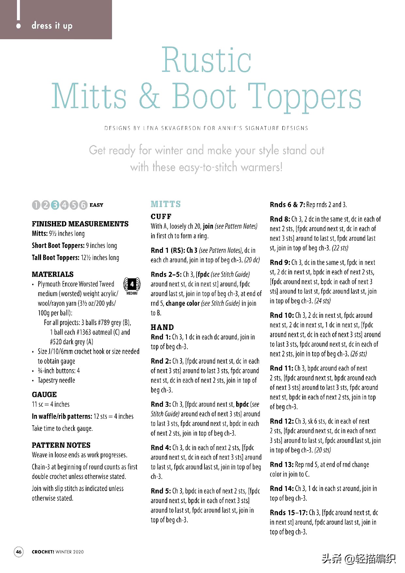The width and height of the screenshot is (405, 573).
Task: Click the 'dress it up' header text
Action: tap(52, 25)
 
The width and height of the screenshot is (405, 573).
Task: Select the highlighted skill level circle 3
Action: tap(55, 205)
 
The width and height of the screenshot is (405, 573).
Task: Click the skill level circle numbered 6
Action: tap(83, 205)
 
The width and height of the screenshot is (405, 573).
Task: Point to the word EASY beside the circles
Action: tap(96, 205)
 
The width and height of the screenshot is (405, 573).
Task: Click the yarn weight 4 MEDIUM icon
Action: tap(132, 285)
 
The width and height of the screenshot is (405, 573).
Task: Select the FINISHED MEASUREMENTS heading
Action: tap(80, 224)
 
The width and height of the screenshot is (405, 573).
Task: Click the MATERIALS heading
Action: tap(53, 274)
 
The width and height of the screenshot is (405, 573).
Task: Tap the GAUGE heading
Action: tap(44, 394)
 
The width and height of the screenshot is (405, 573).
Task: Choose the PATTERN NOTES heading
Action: tap(61, 445)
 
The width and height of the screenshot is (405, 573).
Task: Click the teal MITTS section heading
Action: tap(166, 204)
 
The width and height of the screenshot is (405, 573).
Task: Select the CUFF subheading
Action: tap(161, 216)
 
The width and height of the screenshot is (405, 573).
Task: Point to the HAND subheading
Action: tap(162, 327)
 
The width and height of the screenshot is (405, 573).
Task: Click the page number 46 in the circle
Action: tap(19, 552)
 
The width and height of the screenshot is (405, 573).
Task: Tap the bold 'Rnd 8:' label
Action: tap(280, 219)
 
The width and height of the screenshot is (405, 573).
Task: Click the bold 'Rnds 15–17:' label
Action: tap(289, 513)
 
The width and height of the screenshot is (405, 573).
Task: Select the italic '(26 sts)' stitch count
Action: tap(359, 354)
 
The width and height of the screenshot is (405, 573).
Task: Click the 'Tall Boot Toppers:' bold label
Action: tap(56, 257)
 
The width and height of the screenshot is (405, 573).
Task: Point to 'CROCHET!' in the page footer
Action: tap(43, 552)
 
